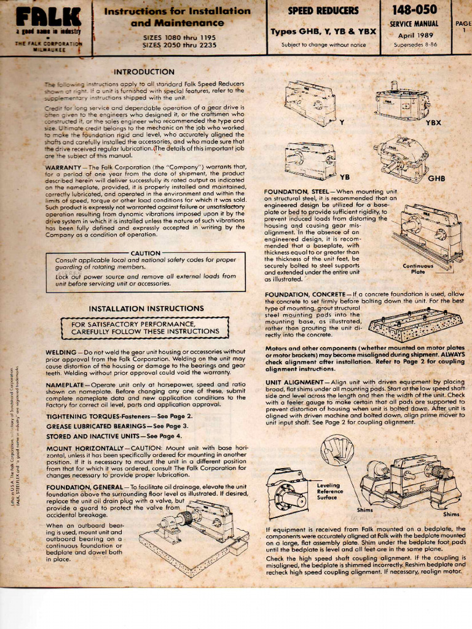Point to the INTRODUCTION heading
144,72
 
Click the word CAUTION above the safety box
146,252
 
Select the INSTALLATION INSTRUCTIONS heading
147,308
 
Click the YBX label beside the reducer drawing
433,122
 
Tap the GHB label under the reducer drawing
436,178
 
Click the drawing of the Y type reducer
309,102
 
